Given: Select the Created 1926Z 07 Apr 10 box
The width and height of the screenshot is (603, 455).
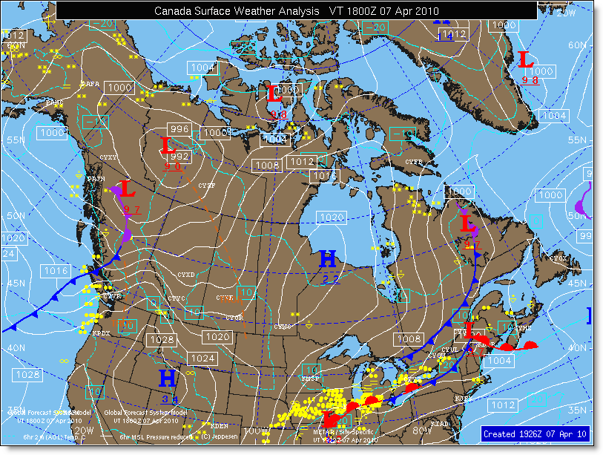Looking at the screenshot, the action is click(535, 433).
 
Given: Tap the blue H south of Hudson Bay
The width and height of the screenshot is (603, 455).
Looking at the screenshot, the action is click(328, 259).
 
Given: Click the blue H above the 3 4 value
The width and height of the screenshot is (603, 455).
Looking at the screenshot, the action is click(168, 378).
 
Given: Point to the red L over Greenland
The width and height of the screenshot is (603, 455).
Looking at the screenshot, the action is click(525, 60).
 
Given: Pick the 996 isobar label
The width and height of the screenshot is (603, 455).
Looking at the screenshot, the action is click(180, 127).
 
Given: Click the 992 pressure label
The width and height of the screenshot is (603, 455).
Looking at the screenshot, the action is click(179, 157).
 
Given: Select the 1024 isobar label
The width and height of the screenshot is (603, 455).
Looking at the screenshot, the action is click(203, 358).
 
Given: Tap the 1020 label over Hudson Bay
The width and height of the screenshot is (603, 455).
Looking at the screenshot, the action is click(331, 217).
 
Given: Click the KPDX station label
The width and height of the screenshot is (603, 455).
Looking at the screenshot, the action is click(101, 333).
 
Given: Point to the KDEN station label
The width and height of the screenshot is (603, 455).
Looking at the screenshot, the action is click(220, 426).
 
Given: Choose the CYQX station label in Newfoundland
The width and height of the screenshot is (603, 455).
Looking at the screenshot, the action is click(558, 258).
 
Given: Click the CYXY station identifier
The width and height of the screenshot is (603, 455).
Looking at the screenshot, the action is click(108, 157).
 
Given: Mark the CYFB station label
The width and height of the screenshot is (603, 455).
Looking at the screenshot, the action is click(413, 162).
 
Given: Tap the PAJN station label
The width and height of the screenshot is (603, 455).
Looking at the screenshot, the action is click(96, 178).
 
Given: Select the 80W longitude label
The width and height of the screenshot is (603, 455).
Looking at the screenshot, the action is click(421, 430).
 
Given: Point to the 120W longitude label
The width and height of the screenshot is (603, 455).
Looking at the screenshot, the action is click(84, 430).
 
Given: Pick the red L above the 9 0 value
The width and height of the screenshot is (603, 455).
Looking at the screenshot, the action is click(167, 145).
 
